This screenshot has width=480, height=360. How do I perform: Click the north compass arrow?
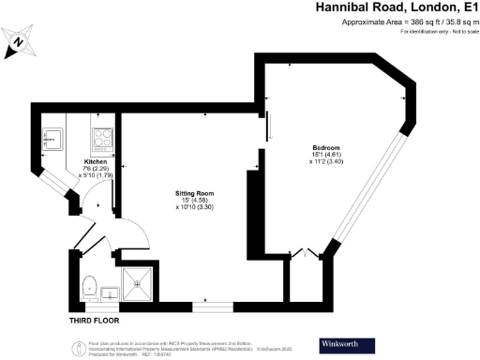click(18, 39)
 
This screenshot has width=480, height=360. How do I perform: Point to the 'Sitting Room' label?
click(192, 192)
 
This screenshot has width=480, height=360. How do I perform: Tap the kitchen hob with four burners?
click(101, 142)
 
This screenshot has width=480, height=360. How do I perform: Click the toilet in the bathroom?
click(91, 287)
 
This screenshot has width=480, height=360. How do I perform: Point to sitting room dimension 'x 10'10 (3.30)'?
click(193, 207)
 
